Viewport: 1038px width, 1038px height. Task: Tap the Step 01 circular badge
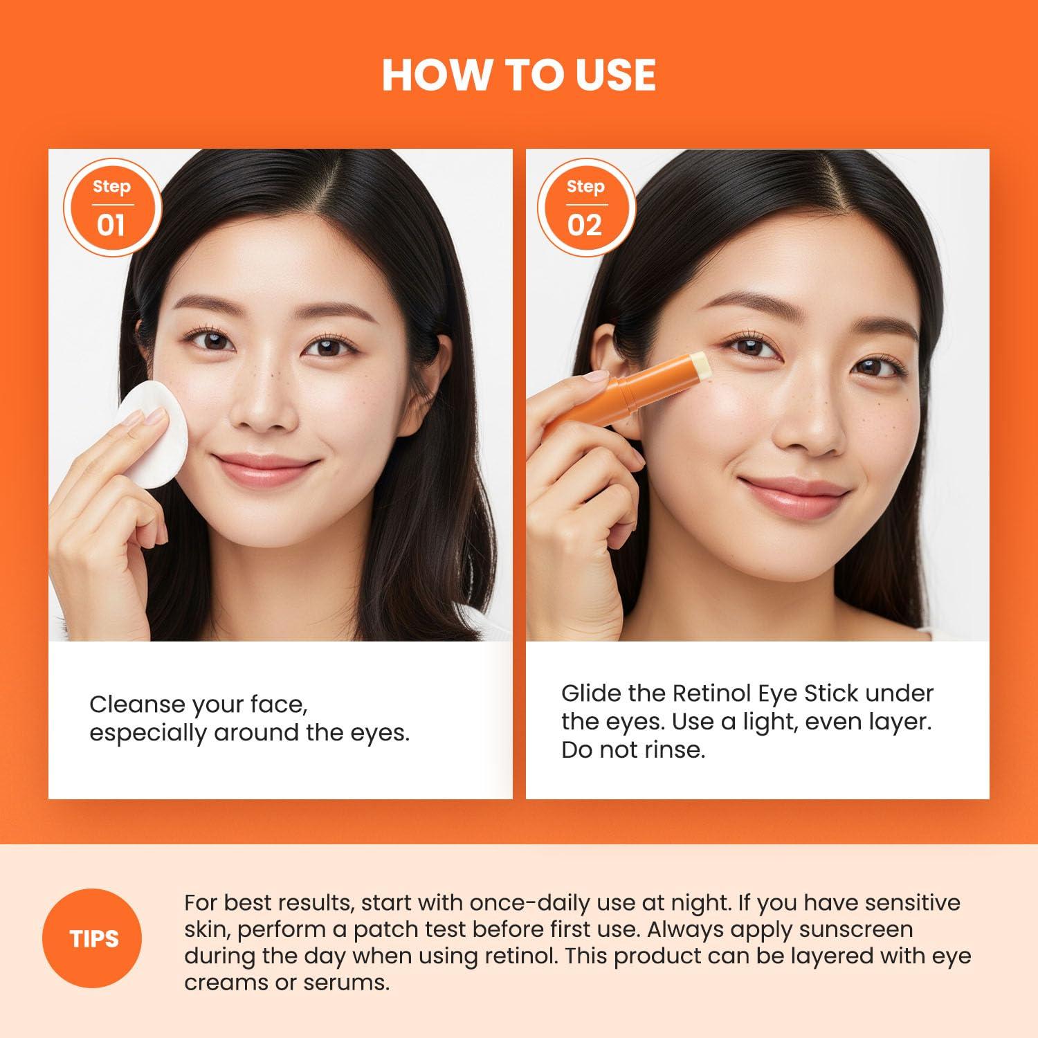(x=111, y=207)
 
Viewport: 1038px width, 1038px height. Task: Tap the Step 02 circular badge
(x=585, y=207)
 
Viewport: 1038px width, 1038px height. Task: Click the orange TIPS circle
(x=94, y=939)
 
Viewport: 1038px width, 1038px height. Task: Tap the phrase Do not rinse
(x=632, y=750)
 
